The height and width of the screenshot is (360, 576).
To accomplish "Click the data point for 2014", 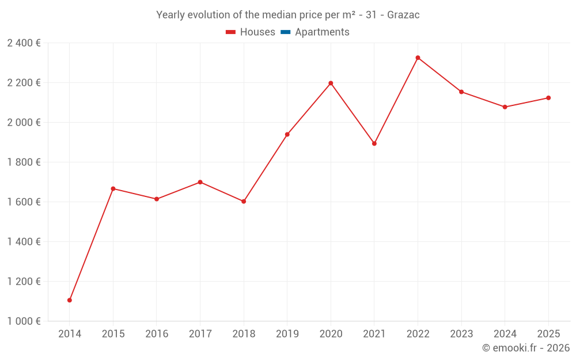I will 70,300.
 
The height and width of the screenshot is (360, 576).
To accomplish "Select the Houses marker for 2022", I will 418,58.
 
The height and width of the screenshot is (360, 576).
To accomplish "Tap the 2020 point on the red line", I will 331,83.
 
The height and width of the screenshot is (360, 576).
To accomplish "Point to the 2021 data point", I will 374,143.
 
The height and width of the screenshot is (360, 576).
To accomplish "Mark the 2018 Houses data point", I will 244,202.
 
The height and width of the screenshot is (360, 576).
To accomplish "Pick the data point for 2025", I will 548,98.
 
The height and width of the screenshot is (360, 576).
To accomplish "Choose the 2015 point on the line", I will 113,189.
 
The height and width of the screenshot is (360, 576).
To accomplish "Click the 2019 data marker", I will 287,135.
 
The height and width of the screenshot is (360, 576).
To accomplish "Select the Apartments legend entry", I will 322,32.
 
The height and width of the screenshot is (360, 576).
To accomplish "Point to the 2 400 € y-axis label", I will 24,43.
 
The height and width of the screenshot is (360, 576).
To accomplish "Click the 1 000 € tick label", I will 24,321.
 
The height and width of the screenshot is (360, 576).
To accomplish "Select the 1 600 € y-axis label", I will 24,202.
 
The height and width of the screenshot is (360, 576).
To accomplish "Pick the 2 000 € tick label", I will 24,123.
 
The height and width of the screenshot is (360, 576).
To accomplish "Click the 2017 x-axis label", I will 200,334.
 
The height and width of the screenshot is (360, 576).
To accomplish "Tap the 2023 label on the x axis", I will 461,334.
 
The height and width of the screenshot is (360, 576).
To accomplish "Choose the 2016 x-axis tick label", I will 157,334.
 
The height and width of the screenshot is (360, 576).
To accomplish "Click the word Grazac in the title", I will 403,15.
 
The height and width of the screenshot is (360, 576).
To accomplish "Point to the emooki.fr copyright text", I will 526,348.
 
